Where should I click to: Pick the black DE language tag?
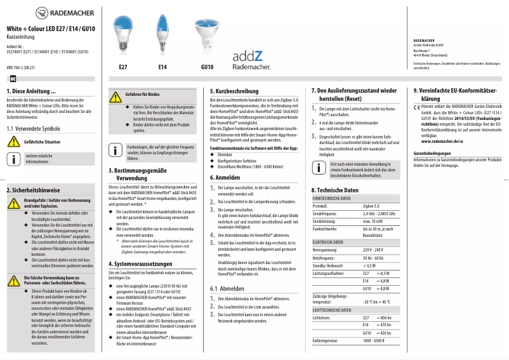coord(13,78)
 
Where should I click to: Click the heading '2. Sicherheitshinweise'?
coord(33,190)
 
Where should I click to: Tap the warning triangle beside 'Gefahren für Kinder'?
coord(115,97)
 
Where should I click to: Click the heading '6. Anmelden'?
coord(227,178)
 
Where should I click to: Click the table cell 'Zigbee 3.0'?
coord(371,206)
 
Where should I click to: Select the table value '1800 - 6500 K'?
coord(374,340)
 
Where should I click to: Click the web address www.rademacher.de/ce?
coord(439,140)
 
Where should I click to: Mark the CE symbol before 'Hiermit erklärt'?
coord(417,107)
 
